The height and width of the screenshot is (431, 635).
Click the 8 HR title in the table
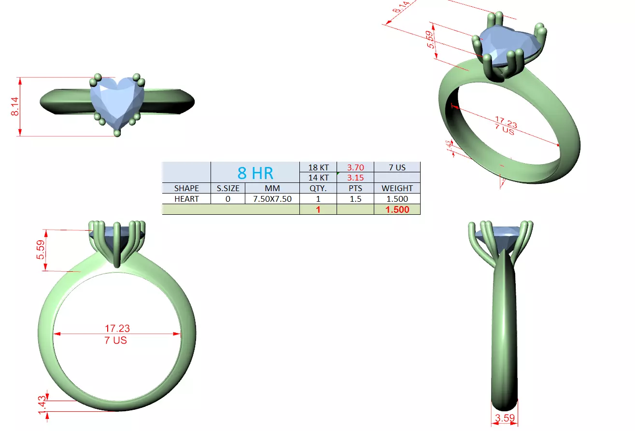click(x=255, y=173)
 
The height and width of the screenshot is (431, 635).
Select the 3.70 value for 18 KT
click(x=355, y=167)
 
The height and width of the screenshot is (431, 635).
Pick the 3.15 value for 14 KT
click(x=355, y=178)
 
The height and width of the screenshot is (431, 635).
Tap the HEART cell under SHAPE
click(x=186, y=198)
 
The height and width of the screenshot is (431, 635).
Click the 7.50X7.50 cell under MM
click(x=272, y=198)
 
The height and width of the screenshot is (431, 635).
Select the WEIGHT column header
click(x=397, y=188)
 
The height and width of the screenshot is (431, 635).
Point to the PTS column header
click(x=355, y=188)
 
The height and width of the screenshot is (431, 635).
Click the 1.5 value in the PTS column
click(x=355, y=198)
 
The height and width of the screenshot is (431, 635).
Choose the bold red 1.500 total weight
click(x=397, y=209)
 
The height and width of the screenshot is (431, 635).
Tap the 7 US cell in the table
click(x=397, y=167)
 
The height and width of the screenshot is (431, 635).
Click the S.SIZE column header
click(x=228, y=188)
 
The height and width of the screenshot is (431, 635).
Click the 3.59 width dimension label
click(x=505, y=418)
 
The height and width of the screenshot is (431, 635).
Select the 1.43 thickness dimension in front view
click(x=42, y=401)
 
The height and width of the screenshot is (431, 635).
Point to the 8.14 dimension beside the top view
click(x=15, y=106)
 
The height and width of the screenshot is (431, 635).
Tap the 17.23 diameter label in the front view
click(x=117, y=328)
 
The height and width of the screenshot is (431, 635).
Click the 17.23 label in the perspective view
click(x=506, y=121)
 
